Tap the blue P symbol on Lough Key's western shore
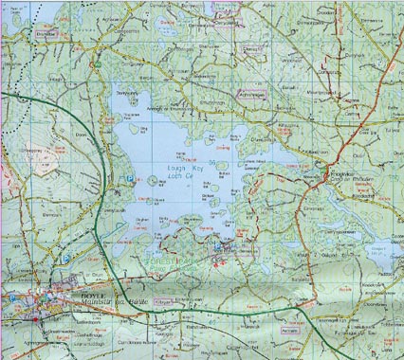[127, 176]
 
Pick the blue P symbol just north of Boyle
[64, 256]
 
